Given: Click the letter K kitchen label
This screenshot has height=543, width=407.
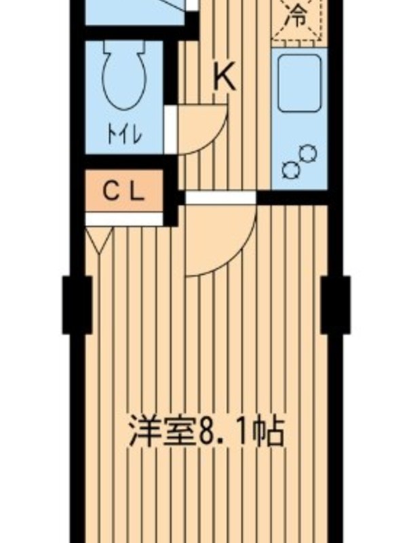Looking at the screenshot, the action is coord(225,76).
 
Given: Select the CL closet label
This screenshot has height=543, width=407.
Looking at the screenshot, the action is coord(124,191).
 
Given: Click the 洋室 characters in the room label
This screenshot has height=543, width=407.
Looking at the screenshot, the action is coord(161,432).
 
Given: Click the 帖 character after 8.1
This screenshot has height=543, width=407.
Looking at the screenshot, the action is coord(268,432).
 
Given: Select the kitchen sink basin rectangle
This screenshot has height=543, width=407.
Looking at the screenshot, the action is coord(300,83).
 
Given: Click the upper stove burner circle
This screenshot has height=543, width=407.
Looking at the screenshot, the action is coord(308,154).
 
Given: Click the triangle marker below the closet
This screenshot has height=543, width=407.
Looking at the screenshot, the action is coord(99,239).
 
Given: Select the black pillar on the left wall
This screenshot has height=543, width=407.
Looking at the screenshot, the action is coord(77,305).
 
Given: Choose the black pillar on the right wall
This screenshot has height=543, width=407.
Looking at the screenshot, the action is coord(335,305).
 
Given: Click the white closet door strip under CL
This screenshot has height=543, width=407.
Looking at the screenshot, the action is coord(124,219).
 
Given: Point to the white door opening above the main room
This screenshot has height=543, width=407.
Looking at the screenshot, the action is coord(220,198).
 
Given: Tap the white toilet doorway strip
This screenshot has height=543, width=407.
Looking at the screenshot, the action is coord(170,129).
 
